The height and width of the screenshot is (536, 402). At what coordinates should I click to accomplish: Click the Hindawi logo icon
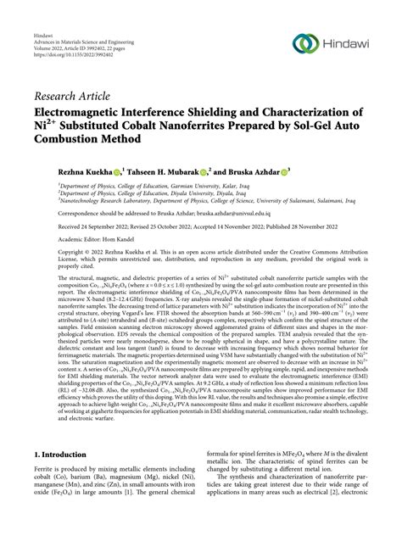pos(303,44)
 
